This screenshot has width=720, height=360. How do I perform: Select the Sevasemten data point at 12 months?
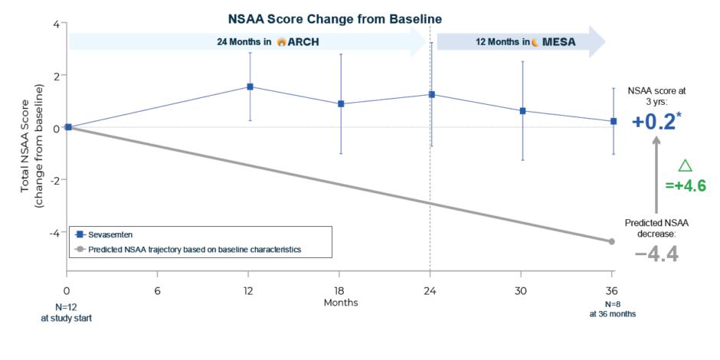coord(250,87)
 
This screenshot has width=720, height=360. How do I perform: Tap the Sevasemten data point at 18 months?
coord(340,103)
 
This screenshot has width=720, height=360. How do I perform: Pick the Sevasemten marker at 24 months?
coord(431,94)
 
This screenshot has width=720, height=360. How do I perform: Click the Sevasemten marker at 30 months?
coord(522,110)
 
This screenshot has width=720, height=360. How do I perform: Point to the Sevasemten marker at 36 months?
coord(613,121)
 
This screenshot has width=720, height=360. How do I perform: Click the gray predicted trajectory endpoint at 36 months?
coord(612,241)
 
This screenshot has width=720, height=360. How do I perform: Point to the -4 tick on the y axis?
coord(55,232)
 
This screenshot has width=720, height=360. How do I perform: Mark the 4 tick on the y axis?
coord(56,24)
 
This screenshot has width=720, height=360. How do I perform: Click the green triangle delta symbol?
coord(686,165)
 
